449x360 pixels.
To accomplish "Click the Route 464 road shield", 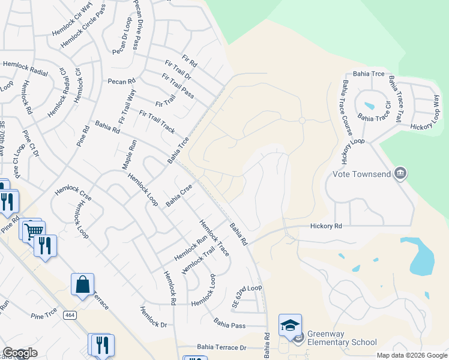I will click(71, 315).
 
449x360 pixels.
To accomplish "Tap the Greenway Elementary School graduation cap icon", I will click(290, 326).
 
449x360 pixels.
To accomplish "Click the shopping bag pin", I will click(82, 285).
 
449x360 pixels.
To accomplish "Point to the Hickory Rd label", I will click(326, 226).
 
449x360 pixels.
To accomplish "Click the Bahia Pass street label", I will click(229, 324).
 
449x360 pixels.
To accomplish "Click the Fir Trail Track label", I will click(157, 122).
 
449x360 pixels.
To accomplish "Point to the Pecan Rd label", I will click(122, 81).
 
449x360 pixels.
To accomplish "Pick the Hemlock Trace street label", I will click(214, 238).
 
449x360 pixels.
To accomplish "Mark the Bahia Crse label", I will click(179, 196).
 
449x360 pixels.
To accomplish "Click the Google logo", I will click(20, 353).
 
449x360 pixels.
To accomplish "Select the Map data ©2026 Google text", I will click(411, 355).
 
